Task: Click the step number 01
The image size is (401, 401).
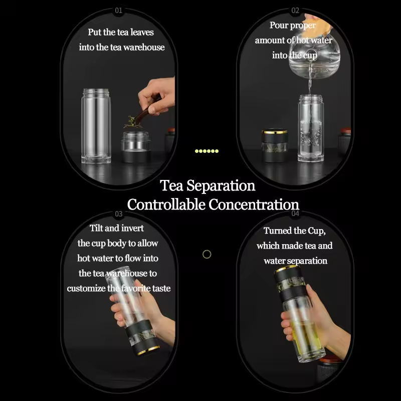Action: click(x=118, y=11)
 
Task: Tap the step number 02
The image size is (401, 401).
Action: click(x=295, y=11)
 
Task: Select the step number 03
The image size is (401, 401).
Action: click(x=119, y=214)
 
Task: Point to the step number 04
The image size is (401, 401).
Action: click(x=295, y=214)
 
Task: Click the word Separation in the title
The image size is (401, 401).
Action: click(x=221, y=186)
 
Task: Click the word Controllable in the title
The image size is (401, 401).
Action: click(x=166, y=205)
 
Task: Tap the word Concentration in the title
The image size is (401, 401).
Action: click(x=254, y=205)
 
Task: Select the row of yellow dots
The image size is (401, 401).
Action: click(x=207, y=151)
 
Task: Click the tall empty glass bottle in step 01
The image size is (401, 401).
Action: click(x=96, y=126)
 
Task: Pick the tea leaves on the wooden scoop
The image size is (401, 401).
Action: click(x=132, y=122)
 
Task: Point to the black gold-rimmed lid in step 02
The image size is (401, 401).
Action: click(x=275, y=145)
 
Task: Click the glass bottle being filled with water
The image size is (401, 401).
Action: click(x=311, y=128)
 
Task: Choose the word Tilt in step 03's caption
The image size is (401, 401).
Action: click(x=96, y=228)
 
